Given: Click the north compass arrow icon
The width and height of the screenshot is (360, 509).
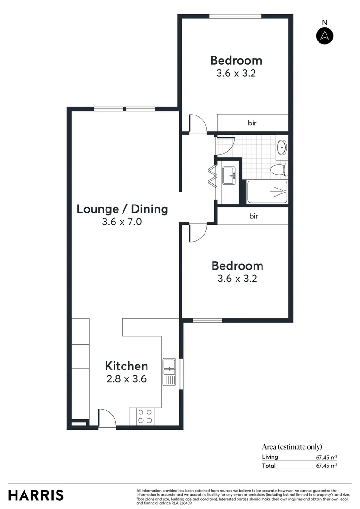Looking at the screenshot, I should tap(325, 35).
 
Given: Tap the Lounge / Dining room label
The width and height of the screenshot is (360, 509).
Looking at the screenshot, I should tap(122, 209).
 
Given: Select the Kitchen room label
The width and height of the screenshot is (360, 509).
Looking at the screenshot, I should tap(126, 366).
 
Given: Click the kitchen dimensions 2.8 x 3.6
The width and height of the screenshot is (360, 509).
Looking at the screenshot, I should tap(126, 378).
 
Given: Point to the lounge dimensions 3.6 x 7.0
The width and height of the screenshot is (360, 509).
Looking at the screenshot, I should tap(122, 222).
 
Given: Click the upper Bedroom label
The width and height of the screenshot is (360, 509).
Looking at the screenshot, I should tap(236, 60).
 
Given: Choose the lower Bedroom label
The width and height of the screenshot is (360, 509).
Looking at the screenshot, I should tap(237, 265).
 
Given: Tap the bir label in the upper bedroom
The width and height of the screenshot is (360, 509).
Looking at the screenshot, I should tap(252, 123).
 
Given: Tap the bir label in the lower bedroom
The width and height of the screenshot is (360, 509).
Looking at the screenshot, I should tap(253, 216).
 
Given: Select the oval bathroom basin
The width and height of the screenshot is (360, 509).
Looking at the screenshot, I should tap(281, 147).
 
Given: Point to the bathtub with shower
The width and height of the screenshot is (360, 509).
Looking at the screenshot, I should tap(267, 192).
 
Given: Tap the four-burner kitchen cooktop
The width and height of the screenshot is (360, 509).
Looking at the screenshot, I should tap(144, 416).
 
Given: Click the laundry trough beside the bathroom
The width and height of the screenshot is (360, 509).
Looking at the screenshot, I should tap(229, 176).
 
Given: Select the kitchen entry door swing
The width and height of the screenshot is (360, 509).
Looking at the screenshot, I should tap(107, 418).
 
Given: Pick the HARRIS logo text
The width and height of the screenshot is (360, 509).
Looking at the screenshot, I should tap(36, 495).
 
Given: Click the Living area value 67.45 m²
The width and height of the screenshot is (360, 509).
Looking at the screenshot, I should tap(326, 457).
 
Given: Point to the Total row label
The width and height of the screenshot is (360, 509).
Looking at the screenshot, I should tap(269, 466).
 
